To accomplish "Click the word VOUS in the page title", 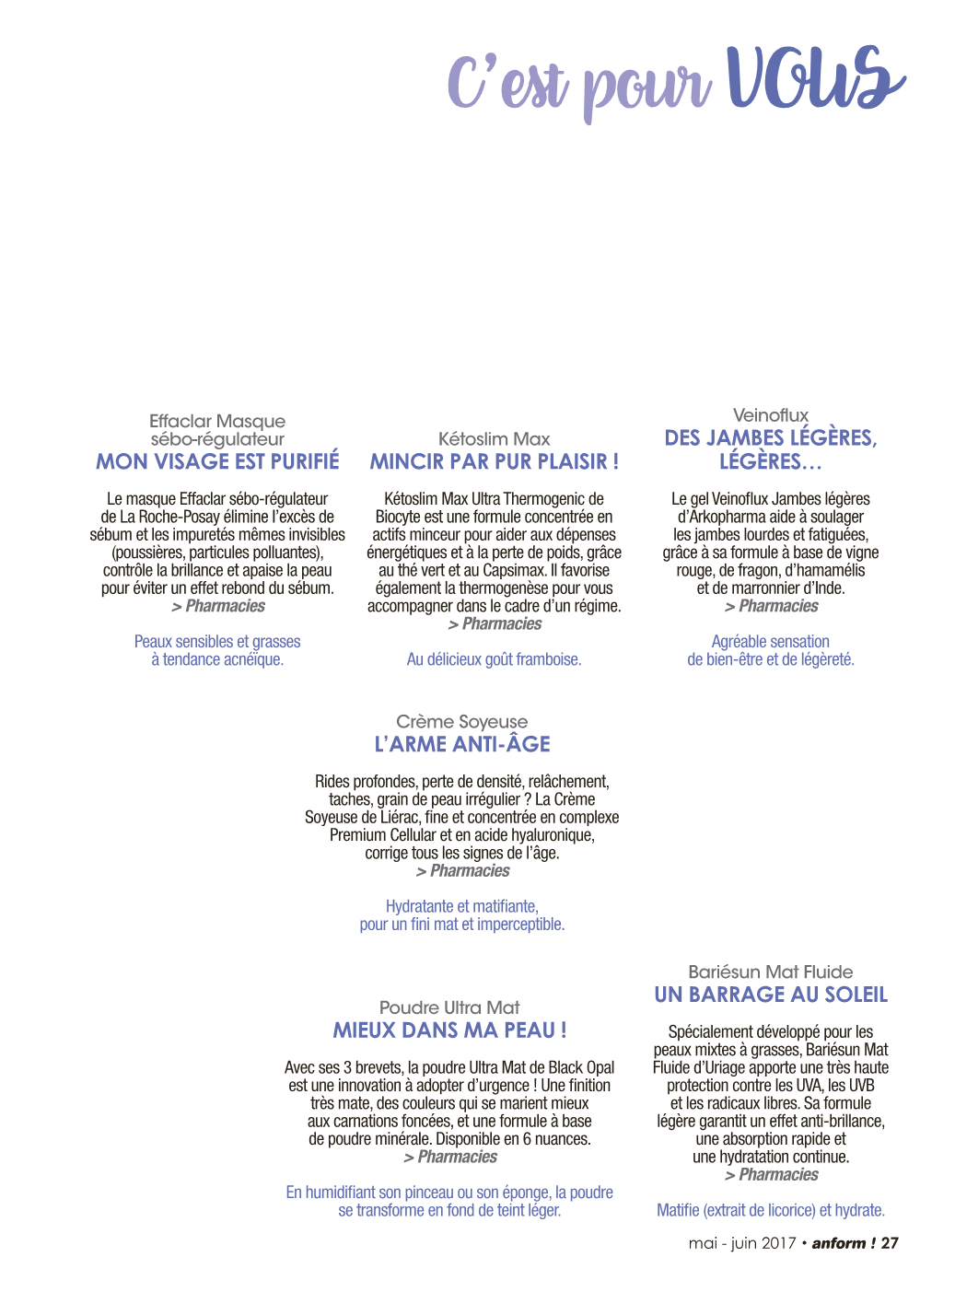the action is [x=816, y=78].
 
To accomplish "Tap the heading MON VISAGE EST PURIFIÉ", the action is [x=217, y=461].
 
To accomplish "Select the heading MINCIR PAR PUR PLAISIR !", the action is [x=495, y=461].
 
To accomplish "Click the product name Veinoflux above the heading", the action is [x=770, y=415].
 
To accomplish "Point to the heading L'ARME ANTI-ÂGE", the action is [x=462, y=744].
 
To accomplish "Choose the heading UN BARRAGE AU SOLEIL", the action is [x=771, y=995].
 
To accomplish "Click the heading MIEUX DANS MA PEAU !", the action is [x=449, y=1030].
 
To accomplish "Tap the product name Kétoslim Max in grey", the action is [x=495, y=438].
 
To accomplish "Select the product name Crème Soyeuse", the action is [x=462, y=722].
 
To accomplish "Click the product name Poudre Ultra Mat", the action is [x=449, y=1007].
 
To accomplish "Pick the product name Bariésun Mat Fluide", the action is [x=770, y=972].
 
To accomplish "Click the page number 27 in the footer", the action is [x=890, y=1243].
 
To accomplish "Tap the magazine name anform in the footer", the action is [x=838, y=1243].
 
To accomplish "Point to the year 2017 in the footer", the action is [x=778, y=1243].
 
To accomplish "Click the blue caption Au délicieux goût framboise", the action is [x=495, y=659].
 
